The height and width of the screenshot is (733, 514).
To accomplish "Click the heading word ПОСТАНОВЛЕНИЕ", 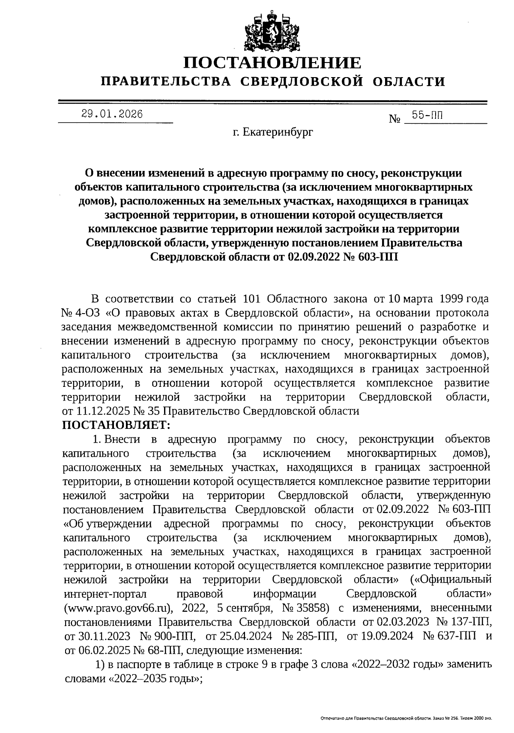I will (272, 63).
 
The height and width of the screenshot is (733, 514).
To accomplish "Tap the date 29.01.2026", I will (112, 114).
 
